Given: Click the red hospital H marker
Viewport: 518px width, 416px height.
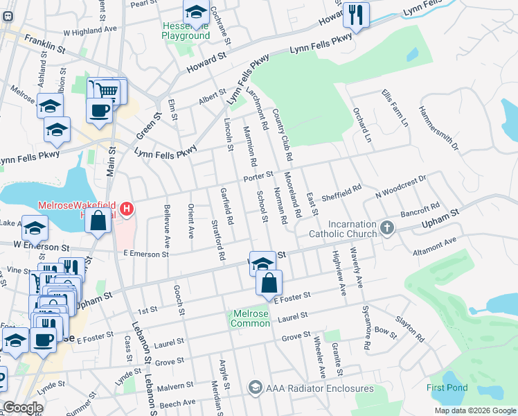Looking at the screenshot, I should (x=126, y=208).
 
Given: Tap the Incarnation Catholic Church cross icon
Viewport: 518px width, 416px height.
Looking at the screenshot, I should (x=386, y=227).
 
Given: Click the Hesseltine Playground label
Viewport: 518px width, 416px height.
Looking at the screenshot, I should (x=186, y=31).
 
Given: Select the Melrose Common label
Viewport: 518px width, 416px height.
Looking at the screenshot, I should (x=250, y=318).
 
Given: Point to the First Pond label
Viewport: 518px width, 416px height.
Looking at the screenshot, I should (x=447, y=388).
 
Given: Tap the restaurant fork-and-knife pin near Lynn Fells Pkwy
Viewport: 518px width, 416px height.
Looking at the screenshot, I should (x=356, y=15).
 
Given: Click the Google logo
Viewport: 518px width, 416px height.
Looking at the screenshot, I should (x=23, y=408).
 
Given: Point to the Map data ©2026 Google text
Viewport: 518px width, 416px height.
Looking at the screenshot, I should (x=474, y=410).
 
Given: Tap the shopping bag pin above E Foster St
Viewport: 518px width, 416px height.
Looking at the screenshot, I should (x=269, y=281).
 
